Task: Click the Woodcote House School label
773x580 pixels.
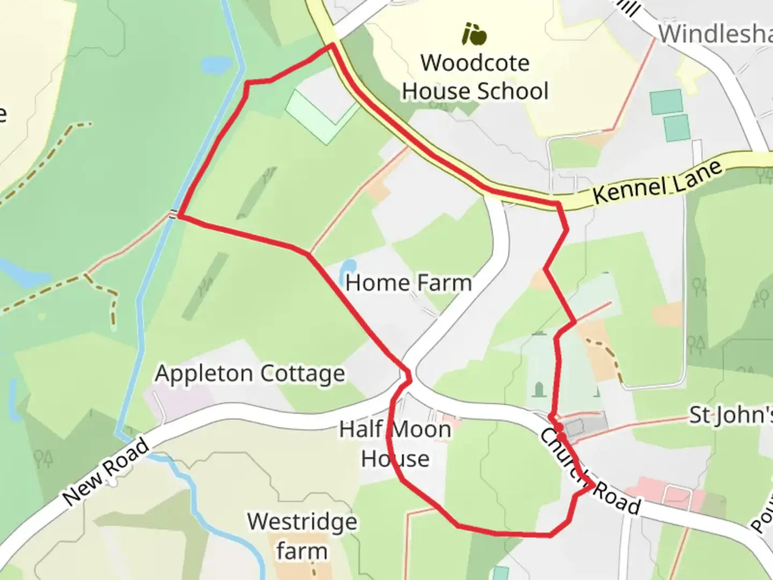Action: (x=476, y=77)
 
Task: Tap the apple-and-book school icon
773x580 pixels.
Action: (x=475, y=34)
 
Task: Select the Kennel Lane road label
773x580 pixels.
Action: (x=658, y=183)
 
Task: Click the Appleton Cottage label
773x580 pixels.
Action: (x=250, y=374)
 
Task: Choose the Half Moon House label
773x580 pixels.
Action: (x=396, y=444)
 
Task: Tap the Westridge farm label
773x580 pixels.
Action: (x=302, y=536)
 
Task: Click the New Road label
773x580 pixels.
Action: (x=106, y=472)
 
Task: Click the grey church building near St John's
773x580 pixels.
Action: (x=574, y=428)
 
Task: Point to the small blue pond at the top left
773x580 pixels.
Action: (x=217, y=66)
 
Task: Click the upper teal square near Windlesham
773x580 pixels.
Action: (x=666, y=102)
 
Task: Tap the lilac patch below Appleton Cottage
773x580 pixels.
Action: (x=172, y=400)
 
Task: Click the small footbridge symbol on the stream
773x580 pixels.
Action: (x=172, y=215)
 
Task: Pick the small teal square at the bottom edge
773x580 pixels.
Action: (x=500, y=573)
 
